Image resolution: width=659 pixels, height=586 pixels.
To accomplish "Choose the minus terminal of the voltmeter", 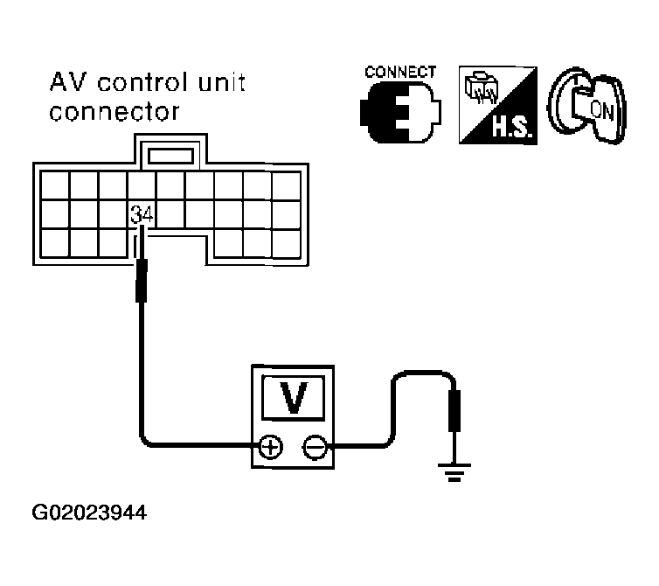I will (313, 448).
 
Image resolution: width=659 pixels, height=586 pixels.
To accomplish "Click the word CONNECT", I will (399, 73).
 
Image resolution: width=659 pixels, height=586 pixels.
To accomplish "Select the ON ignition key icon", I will (586, 108).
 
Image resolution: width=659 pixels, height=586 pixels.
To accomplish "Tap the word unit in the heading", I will (220, 85).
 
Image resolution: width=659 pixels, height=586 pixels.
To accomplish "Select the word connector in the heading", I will (116, 114).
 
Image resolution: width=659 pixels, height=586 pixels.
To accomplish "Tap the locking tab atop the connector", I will (170, 155).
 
